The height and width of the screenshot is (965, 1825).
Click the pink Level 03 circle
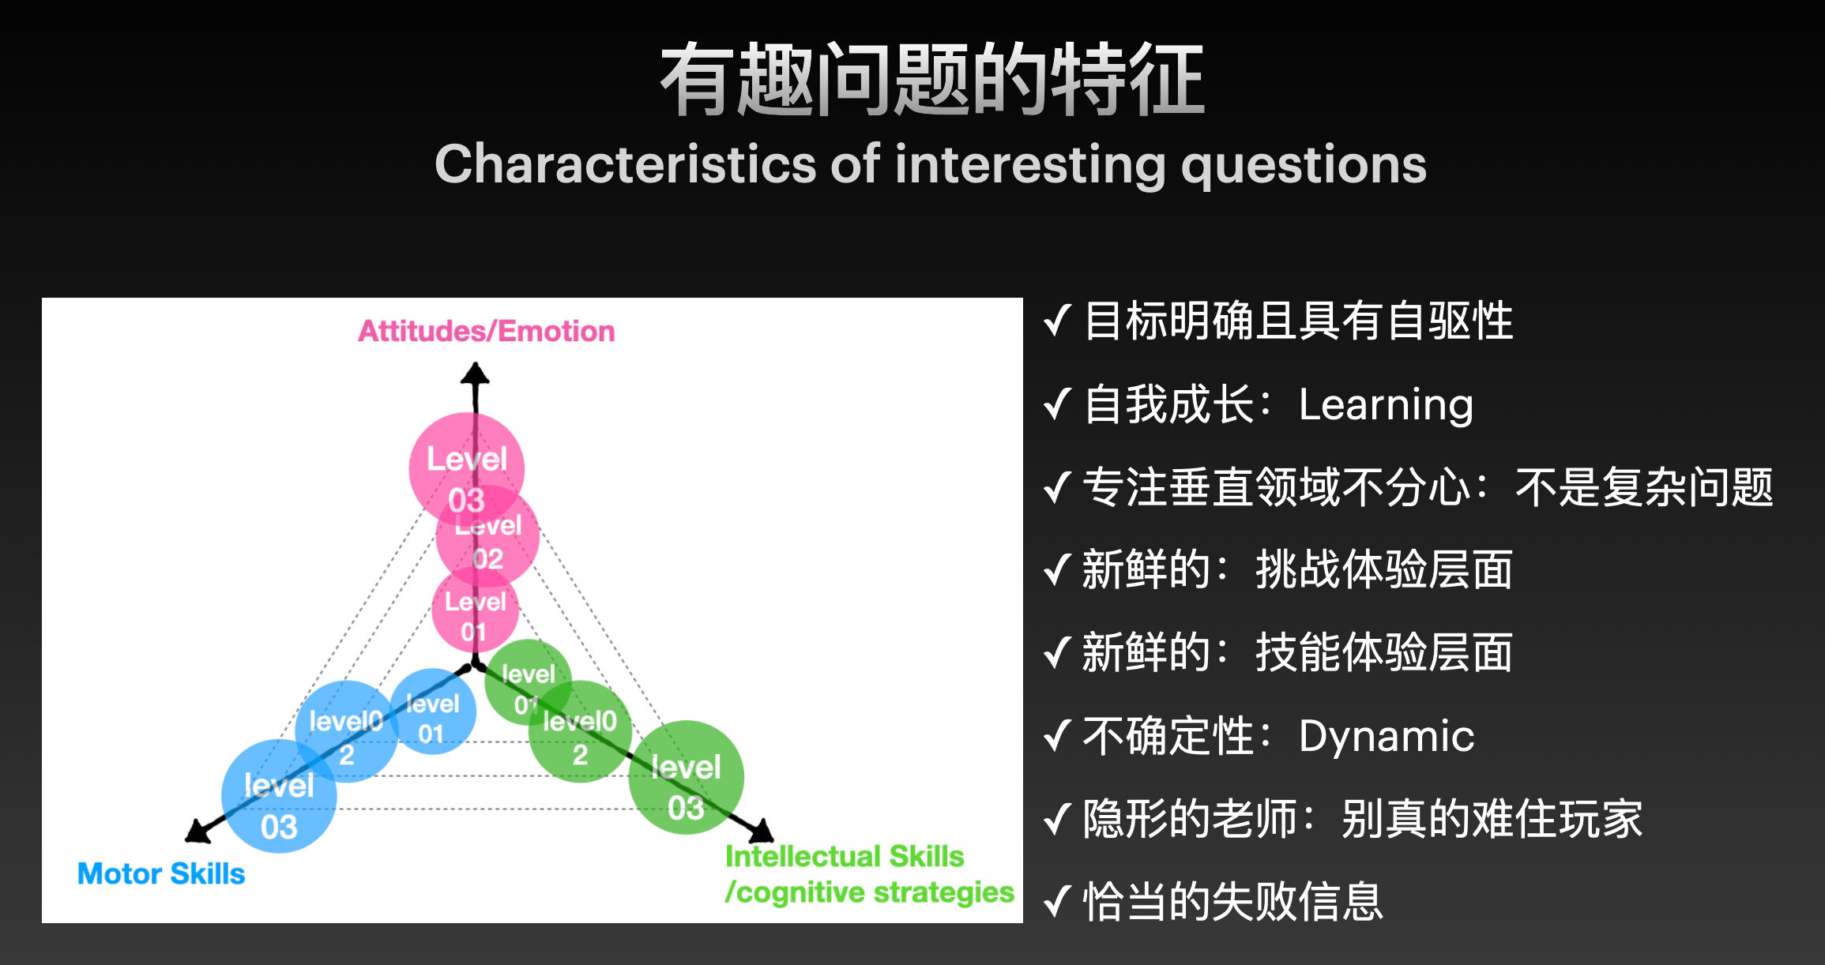tap(466, 470)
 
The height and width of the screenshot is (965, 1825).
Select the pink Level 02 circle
tap(487, 537)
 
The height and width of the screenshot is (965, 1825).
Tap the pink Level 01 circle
tap(475, 610)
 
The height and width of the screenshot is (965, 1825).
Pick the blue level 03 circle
tap(279, 796)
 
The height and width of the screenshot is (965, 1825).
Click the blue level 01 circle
tap(433, 712)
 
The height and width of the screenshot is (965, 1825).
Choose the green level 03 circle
tap(686, 778)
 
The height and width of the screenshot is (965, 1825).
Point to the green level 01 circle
tap(528, 682)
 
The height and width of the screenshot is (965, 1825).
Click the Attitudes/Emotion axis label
tap(487, 331)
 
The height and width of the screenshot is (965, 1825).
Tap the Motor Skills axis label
tap(161, 873)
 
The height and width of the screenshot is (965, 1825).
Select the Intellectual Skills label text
tap(845, 856)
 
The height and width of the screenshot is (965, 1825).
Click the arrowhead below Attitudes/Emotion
tap(475, 373)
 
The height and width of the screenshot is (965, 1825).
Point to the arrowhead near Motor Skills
tap(198, 831)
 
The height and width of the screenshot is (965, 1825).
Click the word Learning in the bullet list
tap(1386, 406)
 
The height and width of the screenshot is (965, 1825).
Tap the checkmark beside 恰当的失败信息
tap(1057, 901)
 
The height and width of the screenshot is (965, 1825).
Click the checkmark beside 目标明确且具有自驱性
tap(1057, 321)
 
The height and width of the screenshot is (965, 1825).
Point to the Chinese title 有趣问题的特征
tap(932, 79)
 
